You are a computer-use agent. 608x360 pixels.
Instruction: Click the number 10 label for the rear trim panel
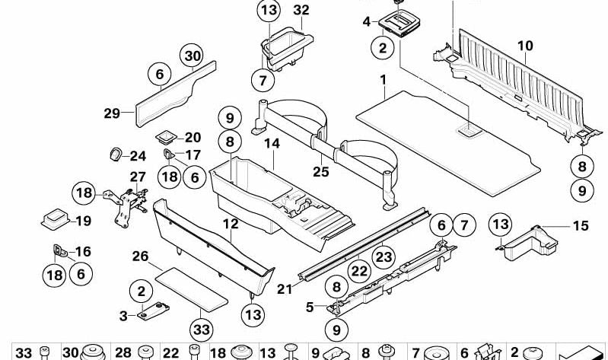coord(525,46)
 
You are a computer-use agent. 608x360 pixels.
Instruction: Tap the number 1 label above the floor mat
coord(384,80)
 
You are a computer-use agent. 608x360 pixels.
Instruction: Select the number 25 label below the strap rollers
coord(321,172)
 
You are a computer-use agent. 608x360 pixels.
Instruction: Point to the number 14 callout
coord(272,143)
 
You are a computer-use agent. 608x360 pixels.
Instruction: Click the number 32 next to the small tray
coord(301,11)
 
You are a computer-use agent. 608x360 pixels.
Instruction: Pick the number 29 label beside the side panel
coord(113,114)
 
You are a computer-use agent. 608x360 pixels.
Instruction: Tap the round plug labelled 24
coord(115,155)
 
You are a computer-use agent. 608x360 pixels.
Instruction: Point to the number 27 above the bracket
coord(136,177)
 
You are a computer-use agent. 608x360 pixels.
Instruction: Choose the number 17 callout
coord(192,155)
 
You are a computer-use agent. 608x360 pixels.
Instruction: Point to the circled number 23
coord(383,256)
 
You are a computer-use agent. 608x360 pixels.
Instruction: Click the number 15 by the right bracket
coord(580,226)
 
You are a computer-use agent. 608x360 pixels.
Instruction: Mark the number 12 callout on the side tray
coord(231,225)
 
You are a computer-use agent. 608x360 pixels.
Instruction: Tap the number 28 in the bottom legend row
coord(123,352)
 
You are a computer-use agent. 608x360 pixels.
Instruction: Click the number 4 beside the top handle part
coord(367,22)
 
